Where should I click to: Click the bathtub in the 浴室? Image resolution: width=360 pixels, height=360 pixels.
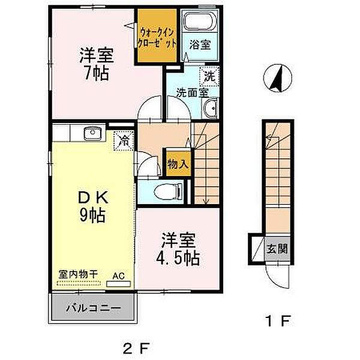(x=200, y=21)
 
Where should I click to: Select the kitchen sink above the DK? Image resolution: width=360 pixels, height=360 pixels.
(x=92, y=133)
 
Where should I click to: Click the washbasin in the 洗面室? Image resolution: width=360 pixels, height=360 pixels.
(x=211, y=108)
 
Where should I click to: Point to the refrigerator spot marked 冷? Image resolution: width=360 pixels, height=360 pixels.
(x=124, y=140)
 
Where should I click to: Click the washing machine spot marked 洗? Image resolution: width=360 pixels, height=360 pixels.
(x=209, y=76)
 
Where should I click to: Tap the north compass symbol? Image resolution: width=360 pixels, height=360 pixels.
(x=278, y=78)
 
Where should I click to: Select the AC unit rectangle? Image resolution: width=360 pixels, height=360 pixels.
(x=119, y=284)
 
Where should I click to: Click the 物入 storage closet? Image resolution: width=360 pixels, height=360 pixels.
(x=178, y=163)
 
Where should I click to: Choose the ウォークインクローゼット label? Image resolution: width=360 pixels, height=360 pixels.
(x=157, y=38)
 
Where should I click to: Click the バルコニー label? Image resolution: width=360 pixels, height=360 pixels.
(x=94, y=308)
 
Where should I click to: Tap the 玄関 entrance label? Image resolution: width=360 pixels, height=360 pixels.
(x=277, y=249)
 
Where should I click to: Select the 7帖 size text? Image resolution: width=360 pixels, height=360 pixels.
(x=97, y=73)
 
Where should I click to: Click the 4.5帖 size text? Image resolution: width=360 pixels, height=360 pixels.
(x=178, y=258)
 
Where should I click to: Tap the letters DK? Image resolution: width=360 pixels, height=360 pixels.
(x=94, y=197)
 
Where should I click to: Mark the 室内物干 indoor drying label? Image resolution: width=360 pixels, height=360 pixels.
(x=78, y=274)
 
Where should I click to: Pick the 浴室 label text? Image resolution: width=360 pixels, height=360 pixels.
(x=200, y=44)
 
